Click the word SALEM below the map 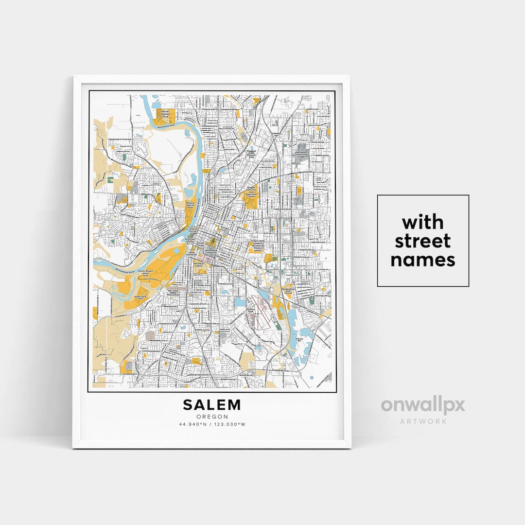click(211, 404)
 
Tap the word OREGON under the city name click(211, 417)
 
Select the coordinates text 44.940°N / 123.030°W click(211, 424)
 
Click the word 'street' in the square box click(423, 241)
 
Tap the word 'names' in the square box click(423, 260)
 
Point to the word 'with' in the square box click(423, 223)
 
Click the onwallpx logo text click(423, 405)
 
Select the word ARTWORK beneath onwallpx click(423, 421)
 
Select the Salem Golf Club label click(140, 297)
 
